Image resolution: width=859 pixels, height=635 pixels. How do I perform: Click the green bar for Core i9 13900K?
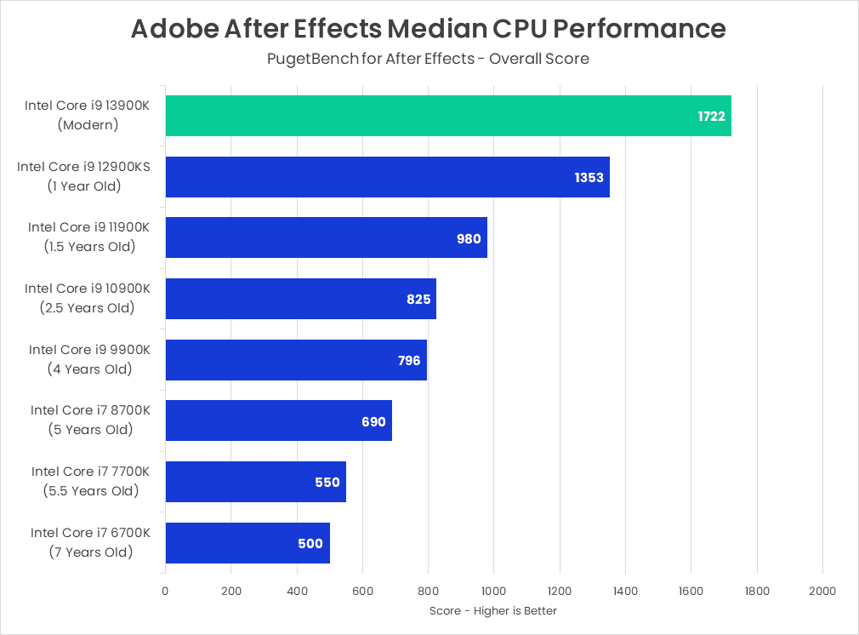448,116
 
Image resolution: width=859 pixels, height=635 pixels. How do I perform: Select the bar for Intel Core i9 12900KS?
387,177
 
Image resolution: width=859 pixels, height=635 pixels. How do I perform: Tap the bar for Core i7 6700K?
247,543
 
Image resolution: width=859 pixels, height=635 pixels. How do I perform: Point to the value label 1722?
711,117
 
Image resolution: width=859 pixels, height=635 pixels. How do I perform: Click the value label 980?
469,238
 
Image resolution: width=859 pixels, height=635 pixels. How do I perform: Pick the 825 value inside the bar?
418,300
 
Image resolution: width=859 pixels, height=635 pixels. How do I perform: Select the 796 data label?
409,361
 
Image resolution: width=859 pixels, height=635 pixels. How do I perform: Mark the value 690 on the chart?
373,421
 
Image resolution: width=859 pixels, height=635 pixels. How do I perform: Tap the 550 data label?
327,483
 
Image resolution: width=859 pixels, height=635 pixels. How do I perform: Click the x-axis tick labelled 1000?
493,591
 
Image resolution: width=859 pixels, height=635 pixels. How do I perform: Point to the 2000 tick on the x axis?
822,591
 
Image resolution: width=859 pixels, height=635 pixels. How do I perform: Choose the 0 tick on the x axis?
165,591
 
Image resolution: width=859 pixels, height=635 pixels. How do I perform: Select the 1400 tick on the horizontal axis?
625,591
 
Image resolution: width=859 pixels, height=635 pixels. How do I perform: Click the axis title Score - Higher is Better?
493,611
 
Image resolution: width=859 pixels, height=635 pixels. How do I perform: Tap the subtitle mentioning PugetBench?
429,59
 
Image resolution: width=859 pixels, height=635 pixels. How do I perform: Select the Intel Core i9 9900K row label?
89,350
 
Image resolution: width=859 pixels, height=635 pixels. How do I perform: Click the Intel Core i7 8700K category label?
90,410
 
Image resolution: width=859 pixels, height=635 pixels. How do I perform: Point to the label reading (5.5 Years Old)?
91,491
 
